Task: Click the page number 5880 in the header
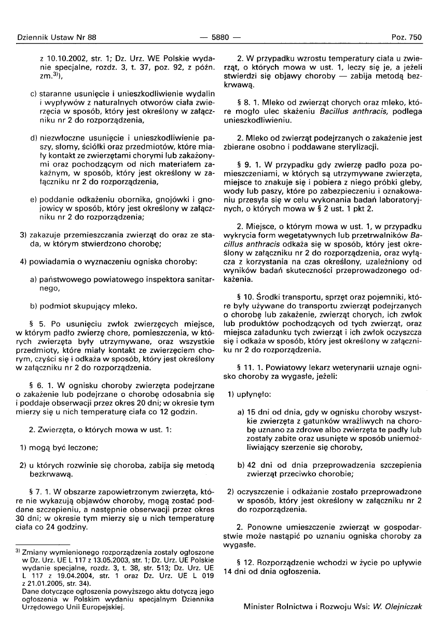221,37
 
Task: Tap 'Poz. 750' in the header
407,37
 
